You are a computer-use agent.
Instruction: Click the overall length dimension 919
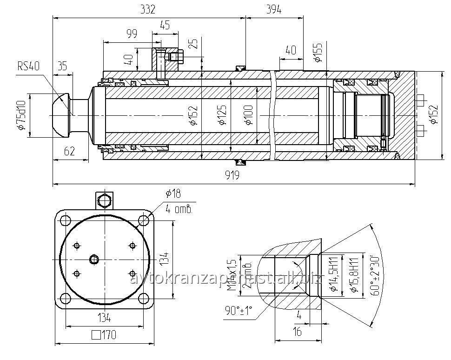point(232,175)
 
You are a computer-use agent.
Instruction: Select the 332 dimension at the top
point(148,9)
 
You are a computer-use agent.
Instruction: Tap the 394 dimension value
point(273,9)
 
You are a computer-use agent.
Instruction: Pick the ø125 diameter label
point(222,115)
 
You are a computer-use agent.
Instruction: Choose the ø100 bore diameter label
point(248,115)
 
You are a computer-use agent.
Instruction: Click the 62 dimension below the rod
point(69,151)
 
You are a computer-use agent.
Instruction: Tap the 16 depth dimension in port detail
point(297,331)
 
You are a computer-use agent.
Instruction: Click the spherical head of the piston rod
point(60,115)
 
